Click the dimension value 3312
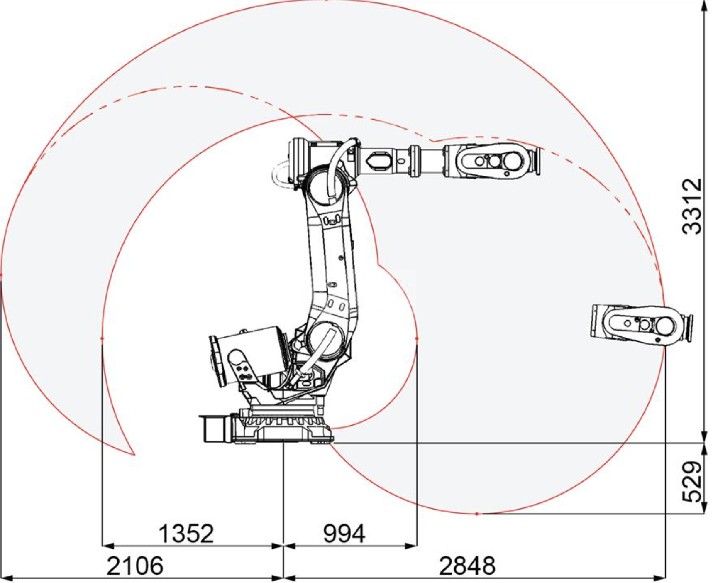pos(692,206)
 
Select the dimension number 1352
pos(186,534)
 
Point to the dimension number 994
pos(344,534)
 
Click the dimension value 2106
pos(135,566)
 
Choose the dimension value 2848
pos(467,566)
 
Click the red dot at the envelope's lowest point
pos(477,514)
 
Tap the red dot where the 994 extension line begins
pos(417,338)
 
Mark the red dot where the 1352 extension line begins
pos(102,338)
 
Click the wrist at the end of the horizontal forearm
pos(492,161)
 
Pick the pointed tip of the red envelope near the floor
pos(134,455)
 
